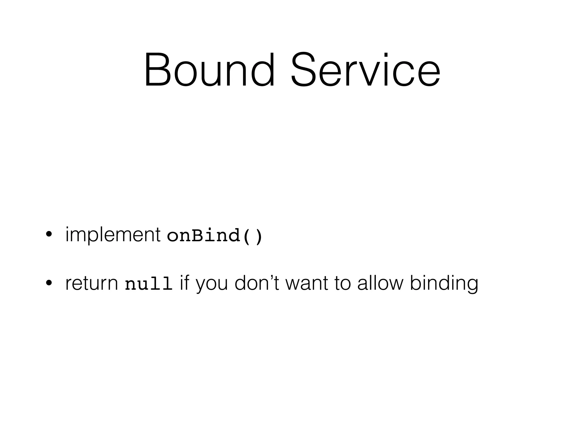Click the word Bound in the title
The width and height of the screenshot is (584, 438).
point(209,70)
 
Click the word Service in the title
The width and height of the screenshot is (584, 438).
point(366,70)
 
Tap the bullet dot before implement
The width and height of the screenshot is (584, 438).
point(49,235)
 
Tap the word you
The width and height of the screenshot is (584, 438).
point(212,284)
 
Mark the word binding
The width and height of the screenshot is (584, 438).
point(444,284)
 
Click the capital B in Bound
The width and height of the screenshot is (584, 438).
point(157,70)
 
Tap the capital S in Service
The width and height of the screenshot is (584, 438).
point(304,70)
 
